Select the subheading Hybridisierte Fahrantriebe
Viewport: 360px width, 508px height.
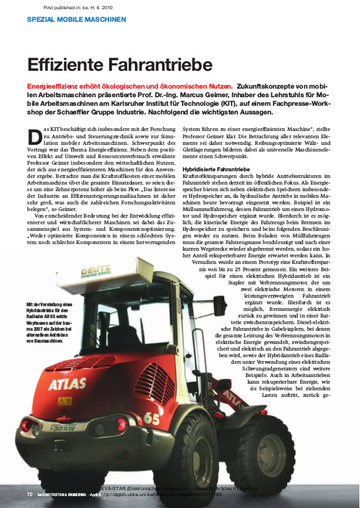point(216,170)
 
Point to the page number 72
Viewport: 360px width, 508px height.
point(30,494)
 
